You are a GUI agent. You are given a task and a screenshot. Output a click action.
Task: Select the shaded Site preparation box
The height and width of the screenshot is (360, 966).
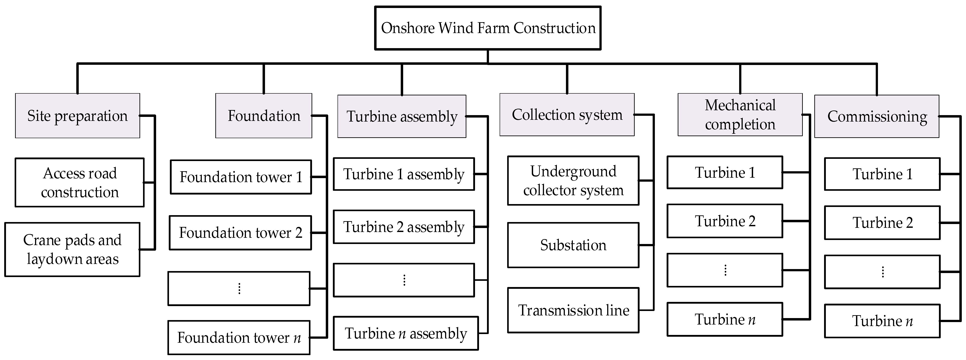click(78, 116)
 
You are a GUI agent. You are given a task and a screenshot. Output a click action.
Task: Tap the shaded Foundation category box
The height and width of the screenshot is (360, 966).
click(264, 116)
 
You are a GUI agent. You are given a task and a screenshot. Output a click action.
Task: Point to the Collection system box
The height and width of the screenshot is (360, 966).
click(567, 115)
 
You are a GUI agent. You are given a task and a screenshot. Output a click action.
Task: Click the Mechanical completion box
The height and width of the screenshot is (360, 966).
click(740, 115)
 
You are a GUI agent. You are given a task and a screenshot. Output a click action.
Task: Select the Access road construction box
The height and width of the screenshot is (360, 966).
click(79, 183)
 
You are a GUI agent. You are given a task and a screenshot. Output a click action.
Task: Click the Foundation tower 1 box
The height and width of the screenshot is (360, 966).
click(241, 177)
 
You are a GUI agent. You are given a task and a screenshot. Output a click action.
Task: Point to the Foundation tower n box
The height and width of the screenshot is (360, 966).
click(239, 338)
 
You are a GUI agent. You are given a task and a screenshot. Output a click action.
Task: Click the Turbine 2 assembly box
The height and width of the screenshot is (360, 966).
click(404, 227)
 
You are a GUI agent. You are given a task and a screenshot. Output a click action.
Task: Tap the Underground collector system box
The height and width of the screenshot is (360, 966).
click(573, 181)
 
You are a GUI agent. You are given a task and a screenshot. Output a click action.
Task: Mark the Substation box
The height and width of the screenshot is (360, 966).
click(573, 245)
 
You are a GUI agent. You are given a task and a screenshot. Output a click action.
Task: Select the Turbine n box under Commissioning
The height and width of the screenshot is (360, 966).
click(882, 321)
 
